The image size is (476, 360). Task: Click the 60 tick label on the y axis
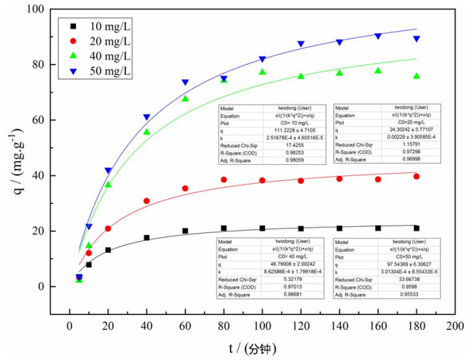click(x=37, y=121)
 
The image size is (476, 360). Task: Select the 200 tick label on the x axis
click(x=455, y=325)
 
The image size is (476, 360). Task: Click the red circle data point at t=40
click(x=146, y=201)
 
